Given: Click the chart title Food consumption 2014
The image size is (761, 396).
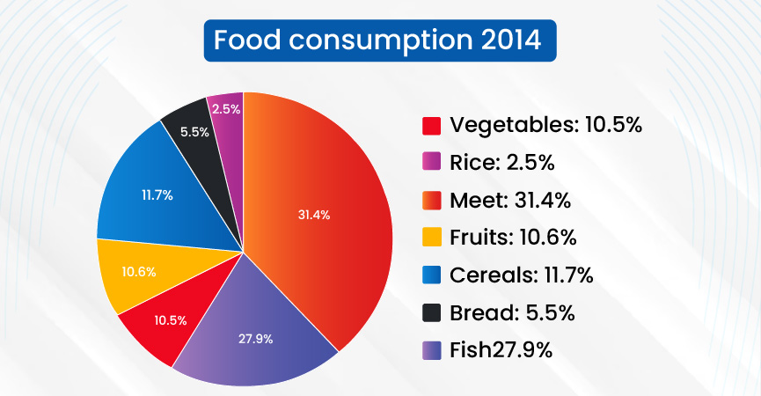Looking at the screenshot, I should [x=379, y=40].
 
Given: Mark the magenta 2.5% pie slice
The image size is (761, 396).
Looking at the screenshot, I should [x=226, y=107].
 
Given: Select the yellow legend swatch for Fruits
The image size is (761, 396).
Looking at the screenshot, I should [x=431, y=238].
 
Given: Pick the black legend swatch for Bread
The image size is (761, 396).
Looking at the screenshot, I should [x=431, y=313].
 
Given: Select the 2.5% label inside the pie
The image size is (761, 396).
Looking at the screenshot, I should [x=226, y=108].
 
